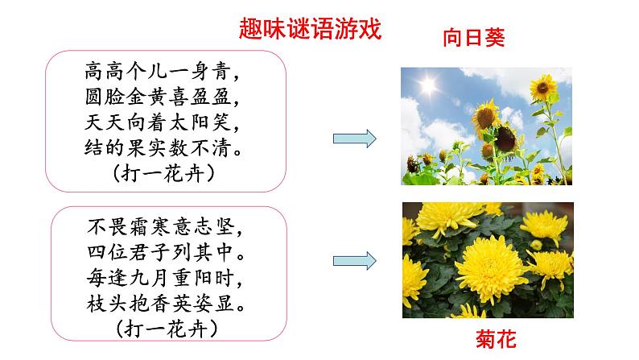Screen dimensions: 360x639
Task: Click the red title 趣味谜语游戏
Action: [309, 29]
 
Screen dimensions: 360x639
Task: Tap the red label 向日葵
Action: [473, 38]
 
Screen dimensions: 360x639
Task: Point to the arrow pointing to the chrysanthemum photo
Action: [355, 260]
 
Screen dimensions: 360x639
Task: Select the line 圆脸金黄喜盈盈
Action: [164, 97]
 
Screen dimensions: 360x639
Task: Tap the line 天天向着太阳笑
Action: [164, 122]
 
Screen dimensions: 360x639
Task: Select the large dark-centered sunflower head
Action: [505, 138]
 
